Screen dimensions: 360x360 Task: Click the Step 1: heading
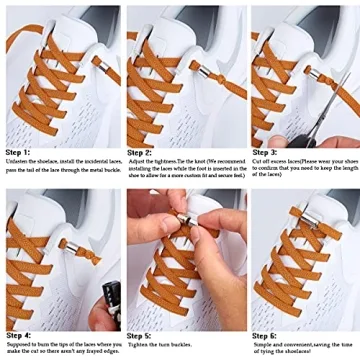19,151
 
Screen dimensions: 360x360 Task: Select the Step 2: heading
139,151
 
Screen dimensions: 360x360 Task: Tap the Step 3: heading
265,151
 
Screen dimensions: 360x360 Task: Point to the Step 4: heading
19,335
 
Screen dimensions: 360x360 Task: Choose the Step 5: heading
140,335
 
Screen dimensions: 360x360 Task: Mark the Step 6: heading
265,335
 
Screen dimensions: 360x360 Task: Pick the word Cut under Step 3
259,162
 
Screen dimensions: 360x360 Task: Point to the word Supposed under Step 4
20,345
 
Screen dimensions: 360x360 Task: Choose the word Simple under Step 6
261,345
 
